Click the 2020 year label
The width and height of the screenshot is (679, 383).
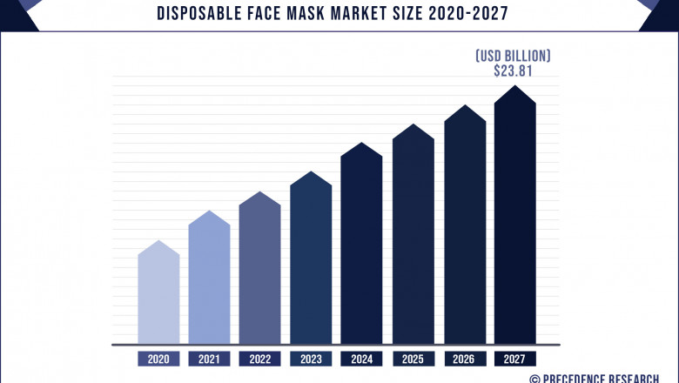pyautogui.click(x=158, y=359)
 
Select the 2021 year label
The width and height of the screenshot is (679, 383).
pyautogui.click(x=209, y=359)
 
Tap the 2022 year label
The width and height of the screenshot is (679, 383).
pyautogui.click(x=260, y=359)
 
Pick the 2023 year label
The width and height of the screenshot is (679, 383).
pyautogui.click(x=311, y=359)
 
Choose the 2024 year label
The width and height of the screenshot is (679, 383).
pyautogui.click(x=361, y=359)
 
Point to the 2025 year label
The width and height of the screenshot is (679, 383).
pyautogui.click(x=413, y=359)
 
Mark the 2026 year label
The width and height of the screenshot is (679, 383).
pyautogui.click(x=465, y=359)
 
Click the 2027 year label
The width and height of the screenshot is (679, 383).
pyautogui.click(x=515, y=359)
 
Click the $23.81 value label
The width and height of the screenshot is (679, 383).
pyautogui.click(x=513, y=71)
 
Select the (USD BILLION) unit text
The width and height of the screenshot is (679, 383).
pyautogui.click(x=513, y=56)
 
